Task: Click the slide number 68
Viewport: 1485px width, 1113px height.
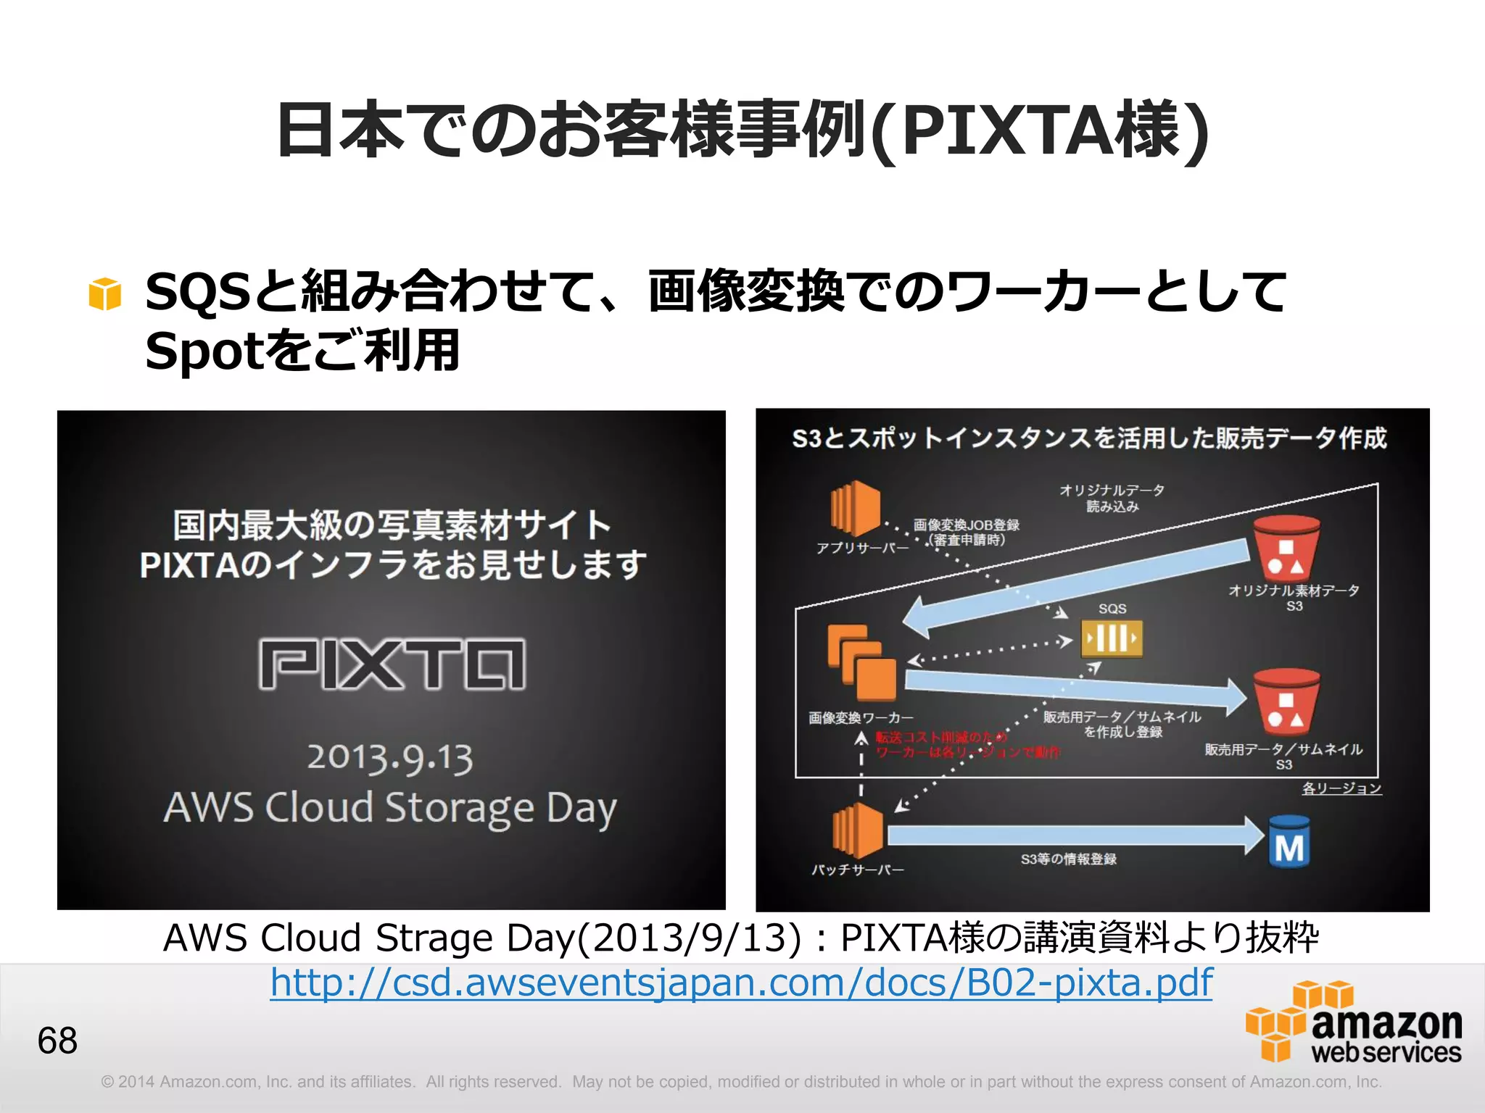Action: (x=57, y=1041)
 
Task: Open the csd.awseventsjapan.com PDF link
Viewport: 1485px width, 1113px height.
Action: (x=741, y=983)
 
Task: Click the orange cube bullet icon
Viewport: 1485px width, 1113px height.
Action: (x=104, y=294)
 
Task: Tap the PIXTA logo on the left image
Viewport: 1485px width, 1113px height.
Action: (x=392, y=663)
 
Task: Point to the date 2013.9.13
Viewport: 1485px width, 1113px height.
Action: (x=390, y=758)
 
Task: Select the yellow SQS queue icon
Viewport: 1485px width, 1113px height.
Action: (x=1112, y=638)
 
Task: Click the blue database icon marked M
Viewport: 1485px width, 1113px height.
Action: (x=1289, y=843)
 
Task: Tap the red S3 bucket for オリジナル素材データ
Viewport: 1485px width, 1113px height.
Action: (x=1286, y=549)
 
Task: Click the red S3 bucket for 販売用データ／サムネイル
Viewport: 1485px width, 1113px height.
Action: (x=1286, y=701)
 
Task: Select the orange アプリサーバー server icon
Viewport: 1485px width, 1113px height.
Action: (x=856, y=508)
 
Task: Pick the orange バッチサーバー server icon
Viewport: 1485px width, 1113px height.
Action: (x=858, y=830)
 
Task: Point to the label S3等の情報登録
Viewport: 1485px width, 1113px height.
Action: (x=1068, y=859)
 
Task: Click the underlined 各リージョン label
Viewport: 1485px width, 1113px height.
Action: (x=1341, y=788)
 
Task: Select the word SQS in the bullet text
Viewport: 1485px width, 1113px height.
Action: (x=197, y=292)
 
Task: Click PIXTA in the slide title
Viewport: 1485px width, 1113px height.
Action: (x=1008, y=131)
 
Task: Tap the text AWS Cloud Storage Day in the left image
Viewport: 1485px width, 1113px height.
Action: (x=390, y=808)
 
